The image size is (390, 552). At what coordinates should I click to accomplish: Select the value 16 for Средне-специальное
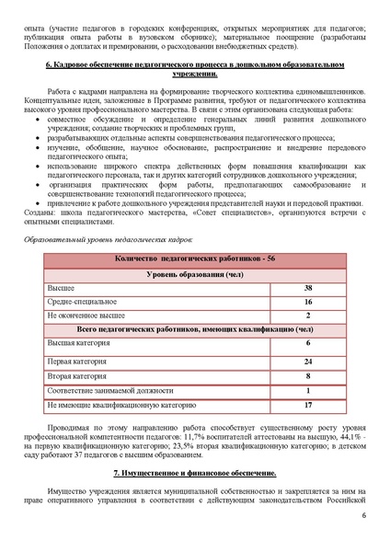click(x=307, y=302)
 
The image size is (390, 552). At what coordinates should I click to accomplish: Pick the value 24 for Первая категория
click(x=307, y=362)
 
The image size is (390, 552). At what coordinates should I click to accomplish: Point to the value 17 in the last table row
click(x=307, y=404)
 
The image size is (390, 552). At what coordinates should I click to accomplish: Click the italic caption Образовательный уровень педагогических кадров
click(x=109, y=238)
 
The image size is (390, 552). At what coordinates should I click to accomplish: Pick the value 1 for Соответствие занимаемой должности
click(x=307, y=390)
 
